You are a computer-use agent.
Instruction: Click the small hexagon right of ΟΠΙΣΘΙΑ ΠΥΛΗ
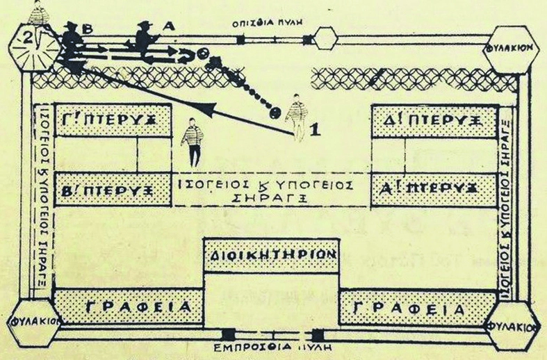click(325, 37)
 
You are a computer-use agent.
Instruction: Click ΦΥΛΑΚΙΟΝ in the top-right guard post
click(510, 49)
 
